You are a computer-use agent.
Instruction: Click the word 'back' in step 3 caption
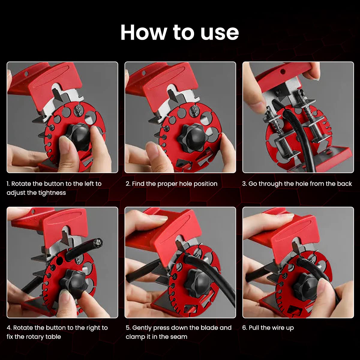click(x=344, y=184)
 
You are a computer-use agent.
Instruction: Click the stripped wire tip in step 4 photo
click(x=98, y=242)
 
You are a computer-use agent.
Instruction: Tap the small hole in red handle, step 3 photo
click(x=283, y=72)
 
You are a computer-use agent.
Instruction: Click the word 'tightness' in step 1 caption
click(x=51, y=193)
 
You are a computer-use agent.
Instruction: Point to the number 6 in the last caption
click(x=244, y=328)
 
